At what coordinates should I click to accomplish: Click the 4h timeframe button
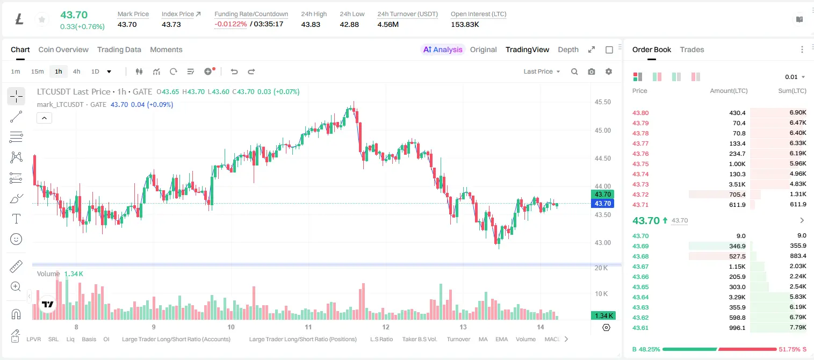point(76,71)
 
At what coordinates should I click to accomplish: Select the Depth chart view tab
point(568,50)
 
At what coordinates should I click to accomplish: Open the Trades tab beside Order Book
point(692,50)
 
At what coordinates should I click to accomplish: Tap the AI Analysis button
point(443,50)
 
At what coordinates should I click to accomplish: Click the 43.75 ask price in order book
point(640,164)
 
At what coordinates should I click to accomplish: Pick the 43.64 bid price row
point(640,297)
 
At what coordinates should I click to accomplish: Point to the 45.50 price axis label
point(602,102)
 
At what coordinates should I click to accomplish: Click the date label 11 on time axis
point(308,327)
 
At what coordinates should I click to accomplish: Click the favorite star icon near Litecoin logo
point(42,19)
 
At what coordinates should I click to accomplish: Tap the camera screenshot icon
point(591,71)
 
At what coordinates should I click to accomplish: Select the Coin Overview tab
point(63,50)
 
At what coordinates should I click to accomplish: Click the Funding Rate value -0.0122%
point(230,24)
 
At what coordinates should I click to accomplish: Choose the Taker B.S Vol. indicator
point(419,339)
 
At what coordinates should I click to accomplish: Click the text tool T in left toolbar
point(16,219)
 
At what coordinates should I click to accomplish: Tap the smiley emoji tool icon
point(16,239)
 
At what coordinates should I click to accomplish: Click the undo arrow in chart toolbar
point(234,71)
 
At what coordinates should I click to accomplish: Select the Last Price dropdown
point(542,71)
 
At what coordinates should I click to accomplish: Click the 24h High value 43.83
point(311,25)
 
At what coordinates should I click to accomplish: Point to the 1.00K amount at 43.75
point(737,164)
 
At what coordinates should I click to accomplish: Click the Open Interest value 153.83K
point(465,25)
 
